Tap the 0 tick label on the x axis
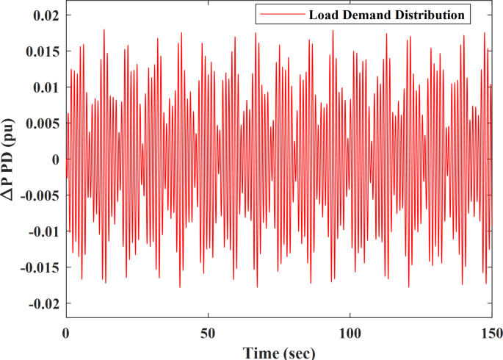pyautogui.click(x=65, y=332)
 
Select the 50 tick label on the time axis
pyautogui.click(x=208, y=332)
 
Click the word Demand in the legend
pyautogui.click(x=363, y=15)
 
